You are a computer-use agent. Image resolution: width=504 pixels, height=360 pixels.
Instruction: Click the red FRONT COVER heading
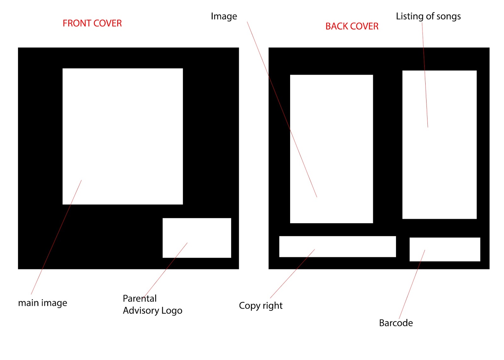pos(92,23)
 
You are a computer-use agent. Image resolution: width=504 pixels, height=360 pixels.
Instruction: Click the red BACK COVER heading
pos(352,26)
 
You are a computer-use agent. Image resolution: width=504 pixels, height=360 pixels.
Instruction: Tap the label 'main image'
pos(43,303)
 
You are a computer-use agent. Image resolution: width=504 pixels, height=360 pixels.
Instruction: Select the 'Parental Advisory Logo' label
pos(152,305)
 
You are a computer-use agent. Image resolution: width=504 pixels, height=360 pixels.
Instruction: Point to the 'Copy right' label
pos(261,306)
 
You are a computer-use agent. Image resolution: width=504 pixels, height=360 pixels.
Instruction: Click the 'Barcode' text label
pos(396,323)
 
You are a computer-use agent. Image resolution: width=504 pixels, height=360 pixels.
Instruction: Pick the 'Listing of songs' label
pos(428,16)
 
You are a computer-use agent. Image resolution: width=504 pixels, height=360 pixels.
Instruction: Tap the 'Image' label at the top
pos(224,16)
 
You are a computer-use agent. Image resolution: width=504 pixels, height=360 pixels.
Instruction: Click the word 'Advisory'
pos(141,311)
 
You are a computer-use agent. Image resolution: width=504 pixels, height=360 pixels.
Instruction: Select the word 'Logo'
pos(172,311)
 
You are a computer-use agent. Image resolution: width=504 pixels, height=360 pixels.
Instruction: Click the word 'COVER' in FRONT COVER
pos(107,23)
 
